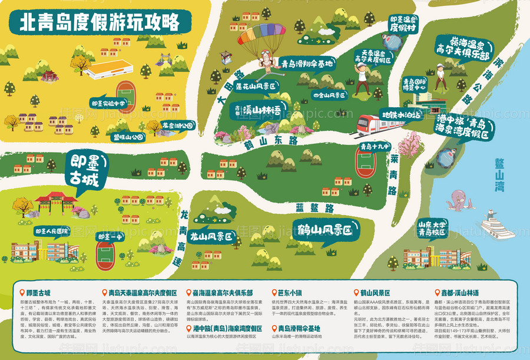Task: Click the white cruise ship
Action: click(497, 225)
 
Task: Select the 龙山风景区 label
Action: click(210, 237)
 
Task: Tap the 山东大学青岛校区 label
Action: click(433, 228)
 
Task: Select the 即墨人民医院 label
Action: click(51, 230)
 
